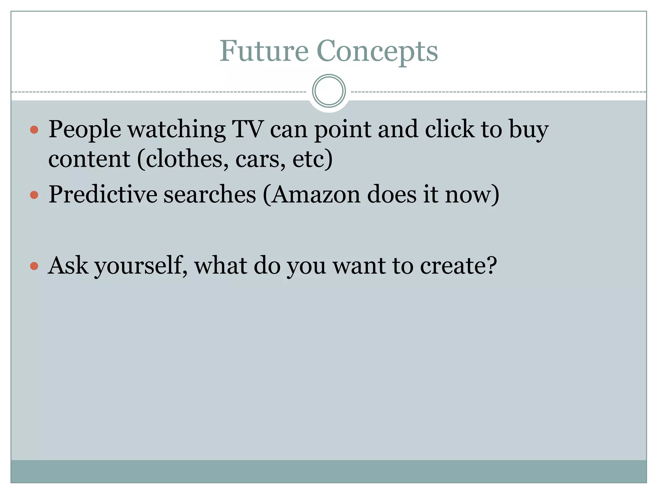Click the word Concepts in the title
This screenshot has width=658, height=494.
(x=377, y=51)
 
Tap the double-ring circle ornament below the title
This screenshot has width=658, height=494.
(x=329, y=91)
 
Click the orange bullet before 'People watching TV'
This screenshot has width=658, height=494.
(x=34, y=130)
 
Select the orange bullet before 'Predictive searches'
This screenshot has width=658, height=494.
(x=34, y=195)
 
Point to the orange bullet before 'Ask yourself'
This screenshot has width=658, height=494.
(x=34, y=266)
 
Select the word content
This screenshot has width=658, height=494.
(x=89, y=159)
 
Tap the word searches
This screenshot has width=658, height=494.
(x=209, y=195)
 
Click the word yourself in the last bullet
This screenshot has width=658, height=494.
(x=140, y=266)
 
